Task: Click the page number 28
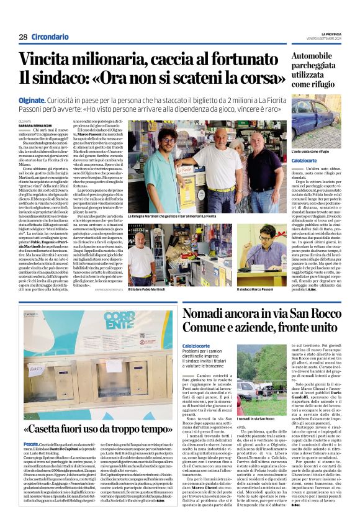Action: [x=22, y=37]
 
